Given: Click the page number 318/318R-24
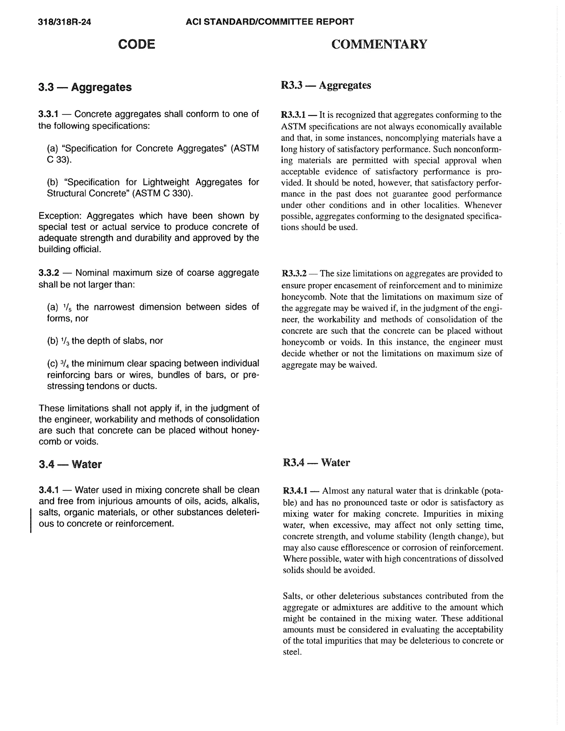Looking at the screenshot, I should pos(65,22).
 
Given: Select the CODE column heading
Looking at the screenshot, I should pos(137,44).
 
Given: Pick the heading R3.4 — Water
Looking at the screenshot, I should pos(316,462).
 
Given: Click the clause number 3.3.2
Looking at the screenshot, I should pos(49,273).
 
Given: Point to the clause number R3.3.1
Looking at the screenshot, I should pos(293,115).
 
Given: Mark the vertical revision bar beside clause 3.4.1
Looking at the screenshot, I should pos(31,521).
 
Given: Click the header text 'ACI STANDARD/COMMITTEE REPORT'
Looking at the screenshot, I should pos(270,22).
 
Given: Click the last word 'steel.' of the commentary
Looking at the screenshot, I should pos(292,652).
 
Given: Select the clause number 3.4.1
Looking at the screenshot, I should pos(49,490).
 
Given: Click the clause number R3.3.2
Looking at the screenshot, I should pos(294,273).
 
